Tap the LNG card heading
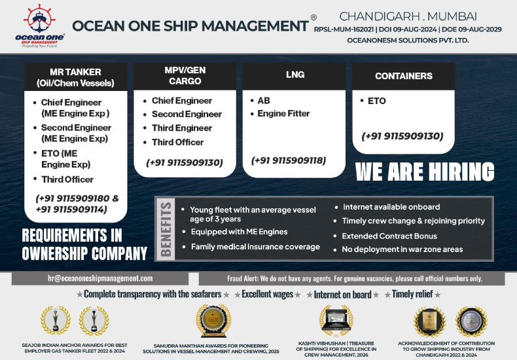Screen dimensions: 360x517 295,75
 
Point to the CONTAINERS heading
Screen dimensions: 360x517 403,76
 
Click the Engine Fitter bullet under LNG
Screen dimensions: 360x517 283,113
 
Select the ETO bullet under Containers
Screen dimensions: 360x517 377,101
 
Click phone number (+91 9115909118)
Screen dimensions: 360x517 289,160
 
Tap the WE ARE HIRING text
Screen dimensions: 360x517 425,172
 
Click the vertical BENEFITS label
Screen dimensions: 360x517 166,228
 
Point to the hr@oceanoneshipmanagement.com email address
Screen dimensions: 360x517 100,278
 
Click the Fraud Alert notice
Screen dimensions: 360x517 354,278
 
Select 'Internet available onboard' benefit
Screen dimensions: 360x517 391,207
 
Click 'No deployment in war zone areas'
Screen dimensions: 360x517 402,249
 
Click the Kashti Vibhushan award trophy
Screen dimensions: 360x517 335,320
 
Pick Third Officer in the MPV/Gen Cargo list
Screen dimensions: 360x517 177,142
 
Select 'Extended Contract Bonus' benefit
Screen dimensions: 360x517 389,236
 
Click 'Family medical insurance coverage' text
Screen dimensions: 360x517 255,247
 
